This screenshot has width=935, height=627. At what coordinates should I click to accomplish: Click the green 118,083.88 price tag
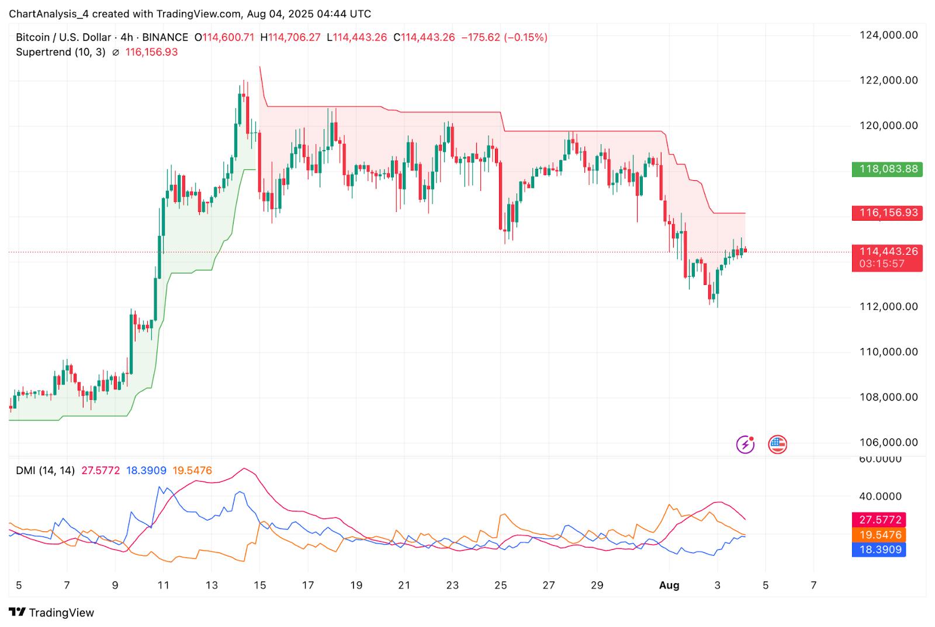[886, 169]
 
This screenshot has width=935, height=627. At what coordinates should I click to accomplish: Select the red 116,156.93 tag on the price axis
[886, 213]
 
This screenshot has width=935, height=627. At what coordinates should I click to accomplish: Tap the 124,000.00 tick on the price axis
[888, 35]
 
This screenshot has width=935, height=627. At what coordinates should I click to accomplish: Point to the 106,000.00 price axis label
[888, 443]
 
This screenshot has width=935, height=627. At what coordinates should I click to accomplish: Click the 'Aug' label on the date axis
[669, 585]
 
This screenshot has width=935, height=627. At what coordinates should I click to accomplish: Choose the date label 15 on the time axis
[259, 585]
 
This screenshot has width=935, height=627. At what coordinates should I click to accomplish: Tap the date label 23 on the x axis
[452, 585]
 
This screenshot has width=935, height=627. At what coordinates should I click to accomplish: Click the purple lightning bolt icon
[745, 445]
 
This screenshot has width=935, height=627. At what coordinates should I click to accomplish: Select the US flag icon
[777, 445]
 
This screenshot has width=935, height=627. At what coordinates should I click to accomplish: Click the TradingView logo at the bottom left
[52, 612]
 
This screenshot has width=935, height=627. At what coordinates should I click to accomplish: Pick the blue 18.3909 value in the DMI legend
[146, 471]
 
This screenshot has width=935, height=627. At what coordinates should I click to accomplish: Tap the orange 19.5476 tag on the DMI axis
[879, 535]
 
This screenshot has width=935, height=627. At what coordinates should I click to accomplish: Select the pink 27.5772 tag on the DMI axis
[879, 520]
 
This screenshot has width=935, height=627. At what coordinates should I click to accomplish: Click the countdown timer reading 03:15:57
[882, 264]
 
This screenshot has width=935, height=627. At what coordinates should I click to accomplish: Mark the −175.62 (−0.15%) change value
[504, 37]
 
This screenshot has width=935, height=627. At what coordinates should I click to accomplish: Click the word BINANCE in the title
[165, 37]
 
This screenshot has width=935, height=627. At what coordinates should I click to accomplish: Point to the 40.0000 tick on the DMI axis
[880, 496]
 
